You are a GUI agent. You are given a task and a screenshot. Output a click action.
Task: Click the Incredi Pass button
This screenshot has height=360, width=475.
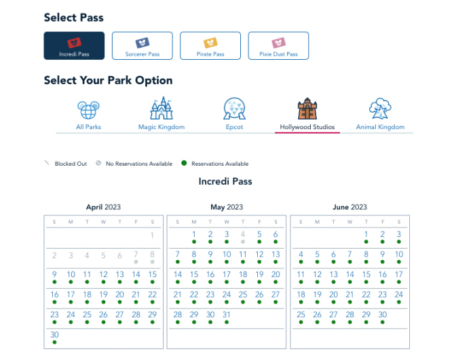[x=74, y=46]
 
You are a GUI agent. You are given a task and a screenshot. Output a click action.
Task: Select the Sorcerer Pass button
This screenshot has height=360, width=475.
[x=142, y=46]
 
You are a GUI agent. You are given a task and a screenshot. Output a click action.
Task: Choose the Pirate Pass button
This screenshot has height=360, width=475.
[x=210, y=46]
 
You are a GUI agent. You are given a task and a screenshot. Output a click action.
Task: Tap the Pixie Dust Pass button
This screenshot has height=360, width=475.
[x=278, y=46]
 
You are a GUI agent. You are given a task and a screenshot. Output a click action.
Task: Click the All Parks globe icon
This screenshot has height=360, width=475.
[x=88, y=110]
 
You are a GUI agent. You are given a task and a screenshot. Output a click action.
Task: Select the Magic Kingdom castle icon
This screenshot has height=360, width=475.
[x=161, y=108]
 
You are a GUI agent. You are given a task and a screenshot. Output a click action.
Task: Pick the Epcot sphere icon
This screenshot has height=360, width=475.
[x=234, y=109]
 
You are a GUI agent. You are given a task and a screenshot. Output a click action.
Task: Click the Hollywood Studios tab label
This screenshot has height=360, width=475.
[x=307, y=127]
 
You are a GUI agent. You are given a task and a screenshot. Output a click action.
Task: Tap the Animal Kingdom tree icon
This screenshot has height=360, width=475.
[x=380, y=109]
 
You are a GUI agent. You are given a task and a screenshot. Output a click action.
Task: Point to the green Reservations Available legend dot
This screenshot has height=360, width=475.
[x=184, y=163]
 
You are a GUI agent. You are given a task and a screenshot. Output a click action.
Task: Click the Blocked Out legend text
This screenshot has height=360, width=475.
[x=71, y=164]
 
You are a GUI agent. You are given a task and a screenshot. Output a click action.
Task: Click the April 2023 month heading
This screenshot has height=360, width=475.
[x=103, y=207]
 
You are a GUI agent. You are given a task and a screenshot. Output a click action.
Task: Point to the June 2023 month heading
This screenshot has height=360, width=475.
[x=350, y=207]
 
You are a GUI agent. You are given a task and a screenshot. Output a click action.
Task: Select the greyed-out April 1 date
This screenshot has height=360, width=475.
[x=153, y=235]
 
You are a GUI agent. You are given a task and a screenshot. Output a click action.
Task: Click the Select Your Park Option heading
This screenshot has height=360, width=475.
[x=108, y=80]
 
